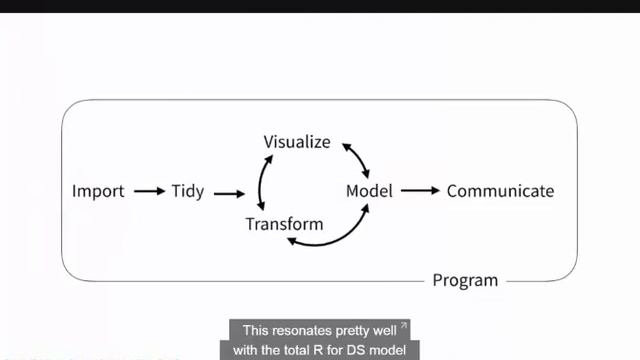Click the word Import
[x=98, y=191]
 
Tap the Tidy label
[x=188, y=191]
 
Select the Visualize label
[x=297, y=142]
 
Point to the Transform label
[x=284, y=224]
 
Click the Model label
[x=369, y=191]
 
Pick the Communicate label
[x=500, y=191]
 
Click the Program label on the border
[x=465, y=281]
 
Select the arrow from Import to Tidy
[x=149, y=191]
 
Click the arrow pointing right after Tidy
[x=229, y=194]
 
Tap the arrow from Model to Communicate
[x=420, y=190]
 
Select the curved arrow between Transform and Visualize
[x=260, y=182]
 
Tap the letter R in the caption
[x=318, y=350]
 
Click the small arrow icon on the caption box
[x=404, y=325]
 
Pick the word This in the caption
[x=256, y=330]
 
